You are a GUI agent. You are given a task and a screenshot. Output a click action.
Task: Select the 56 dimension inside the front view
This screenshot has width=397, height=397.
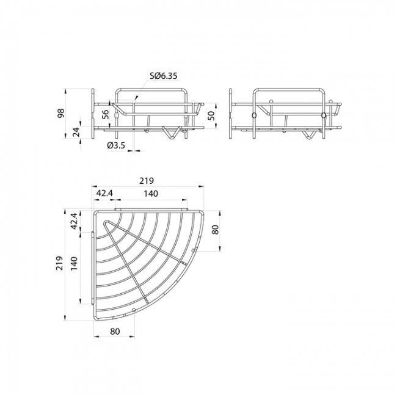pyautogui.click(x=104, y=114)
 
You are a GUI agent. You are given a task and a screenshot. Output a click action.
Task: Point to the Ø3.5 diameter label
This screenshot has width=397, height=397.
pyautogui.click(x=117, y=145)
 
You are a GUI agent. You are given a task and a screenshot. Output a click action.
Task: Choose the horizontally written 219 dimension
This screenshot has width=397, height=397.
pyautogui.click(x=145, y=180)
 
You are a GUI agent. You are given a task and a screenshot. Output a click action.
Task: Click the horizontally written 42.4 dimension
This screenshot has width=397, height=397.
pyautogui.click(x=104, y=194)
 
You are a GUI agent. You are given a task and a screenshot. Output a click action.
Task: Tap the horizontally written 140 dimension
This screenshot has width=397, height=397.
pyautogui.click(x=151, y=194)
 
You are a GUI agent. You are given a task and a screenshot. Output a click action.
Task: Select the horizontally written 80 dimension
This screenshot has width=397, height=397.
pyautogui.click(x=115, y=331)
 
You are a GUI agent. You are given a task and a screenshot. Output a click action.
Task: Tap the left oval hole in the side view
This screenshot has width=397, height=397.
pyautogui.click(x=253, y=115)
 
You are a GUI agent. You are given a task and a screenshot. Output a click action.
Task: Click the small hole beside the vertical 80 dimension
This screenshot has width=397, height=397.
pyautogui.click(x=195, y=251)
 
